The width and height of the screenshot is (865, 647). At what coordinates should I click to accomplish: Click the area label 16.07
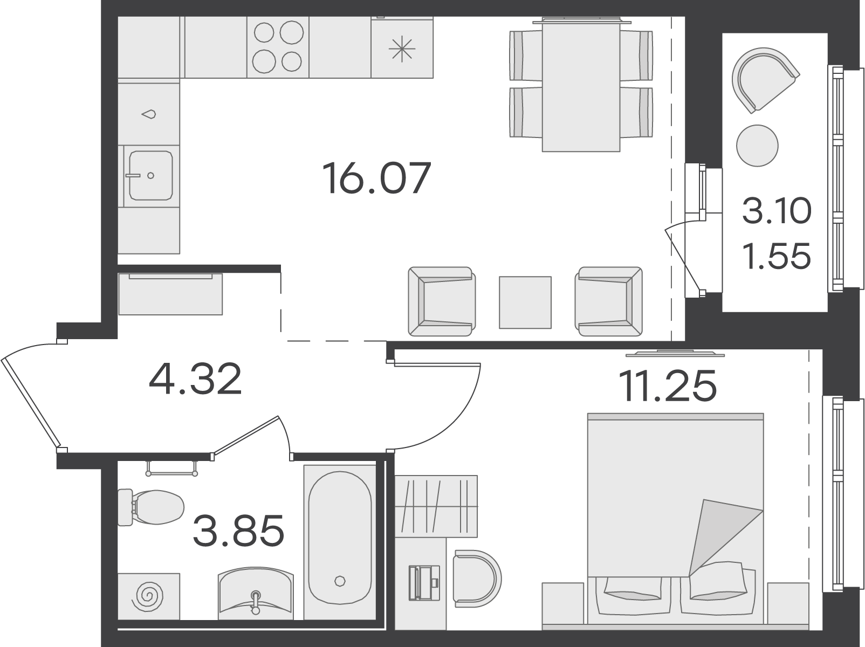(376, 178)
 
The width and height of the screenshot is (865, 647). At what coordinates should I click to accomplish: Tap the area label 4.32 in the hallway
(195, 378)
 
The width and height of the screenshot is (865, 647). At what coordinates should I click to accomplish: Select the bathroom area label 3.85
(238, 531)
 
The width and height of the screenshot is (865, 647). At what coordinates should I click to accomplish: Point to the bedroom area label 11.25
(667, 386)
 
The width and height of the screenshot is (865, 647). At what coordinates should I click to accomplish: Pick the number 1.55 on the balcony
(777, 256)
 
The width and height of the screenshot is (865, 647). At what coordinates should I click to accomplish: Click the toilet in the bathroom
(151, 507)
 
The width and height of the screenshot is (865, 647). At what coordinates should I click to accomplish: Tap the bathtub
(340, 542)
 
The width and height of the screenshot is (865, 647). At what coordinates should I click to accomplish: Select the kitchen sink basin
(151, 175)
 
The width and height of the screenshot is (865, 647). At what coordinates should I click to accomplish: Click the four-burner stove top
(278, 47)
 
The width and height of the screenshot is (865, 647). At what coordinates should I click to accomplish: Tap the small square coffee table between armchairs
(525, 302)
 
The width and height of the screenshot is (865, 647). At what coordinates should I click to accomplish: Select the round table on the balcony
(757, 146)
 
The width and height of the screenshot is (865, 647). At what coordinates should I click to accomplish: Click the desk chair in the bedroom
(477, 579)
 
